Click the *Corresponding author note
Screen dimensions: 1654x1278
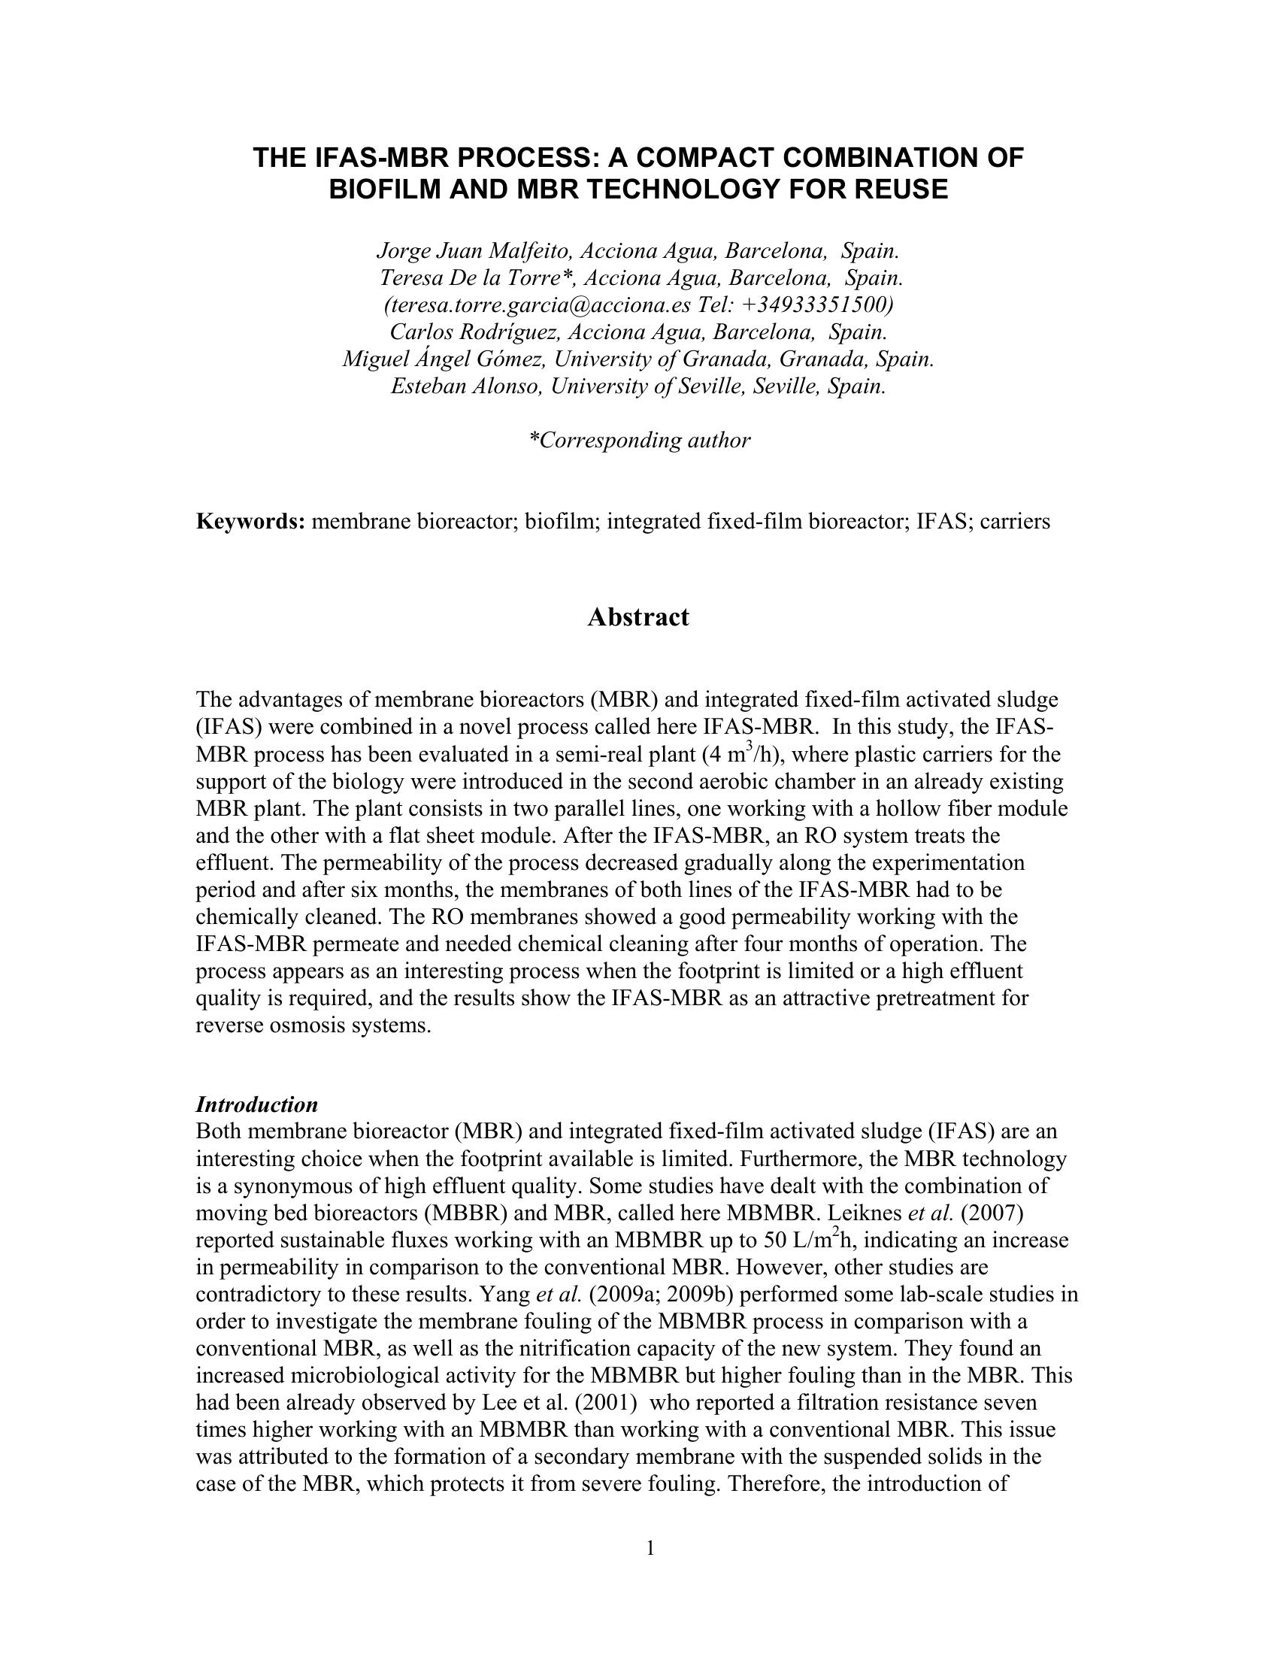[x=639, y=440]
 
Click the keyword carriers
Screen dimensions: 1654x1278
[x=1015, y=522]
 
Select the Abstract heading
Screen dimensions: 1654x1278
[x=638, y=617]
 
